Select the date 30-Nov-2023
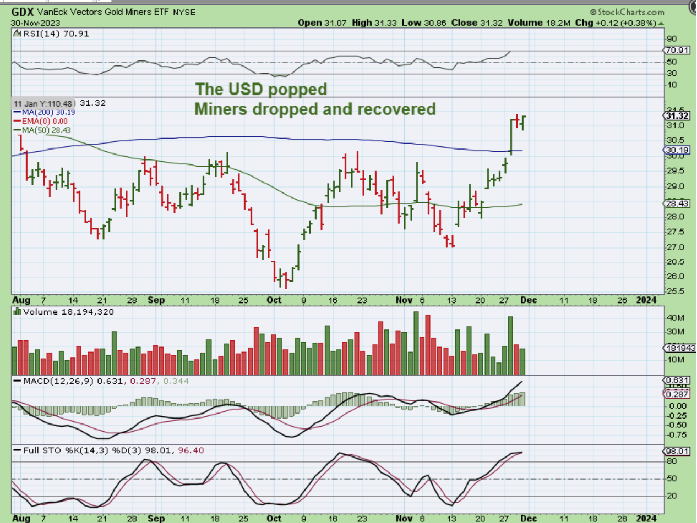click(x=35, y=23)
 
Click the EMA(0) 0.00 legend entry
click(x=46, y=120)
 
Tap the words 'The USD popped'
click(x=261, y=89)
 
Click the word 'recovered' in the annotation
click(x=396, y=109)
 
